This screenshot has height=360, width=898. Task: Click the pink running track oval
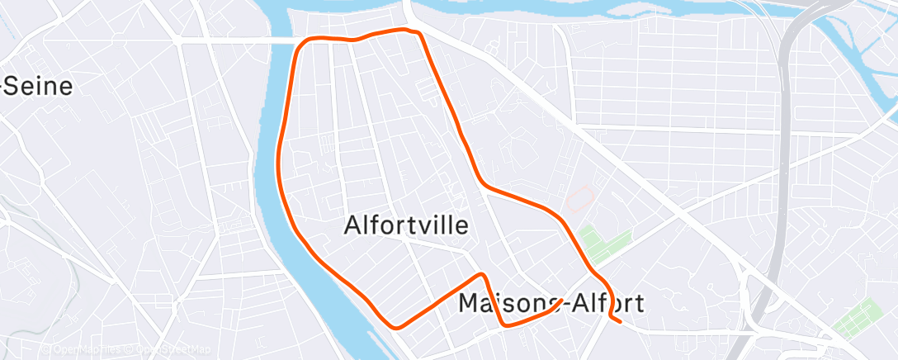[x=580, y=198]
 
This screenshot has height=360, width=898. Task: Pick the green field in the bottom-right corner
[x=858, y=319]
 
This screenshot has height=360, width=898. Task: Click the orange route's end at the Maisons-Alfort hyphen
[x=562, y=301]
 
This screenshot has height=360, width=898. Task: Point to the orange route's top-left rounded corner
[x=304, y=44]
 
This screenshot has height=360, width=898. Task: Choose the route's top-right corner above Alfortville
[x=418, y=33]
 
